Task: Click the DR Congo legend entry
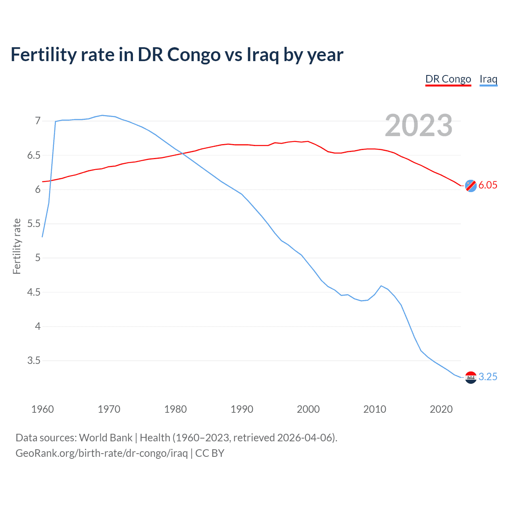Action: [448, 79]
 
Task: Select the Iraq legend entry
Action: [488, 79]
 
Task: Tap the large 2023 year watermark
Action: [419, 125]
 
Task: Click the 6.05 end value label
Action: [488, 185]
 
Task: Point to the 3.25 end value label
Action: [488, 377]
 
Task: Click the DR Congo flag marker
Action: [471, 185]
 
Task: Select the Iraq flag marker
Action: [471, 377]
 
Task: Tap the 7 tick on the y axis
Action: [38, 121]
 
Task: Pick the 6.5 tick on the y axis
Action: [34, 155]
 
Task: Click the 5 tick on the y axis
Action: [38, 258]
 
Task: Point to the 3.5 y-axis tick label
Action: [34, 361]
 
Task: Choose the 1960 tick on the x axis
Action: [42, 409]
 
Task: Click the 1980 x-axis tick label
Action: [175, 409]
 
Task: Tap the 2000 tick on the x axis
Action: [308, 409]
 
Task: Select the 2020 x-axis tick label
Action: [441, 409]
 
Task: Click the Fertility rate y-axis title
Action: [17, 246]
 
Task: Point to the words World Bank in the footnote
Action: [106, 438]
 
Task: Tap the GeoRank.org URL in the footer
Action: [102, 453]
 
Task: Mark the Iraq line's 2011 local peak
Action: [381, 286]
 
